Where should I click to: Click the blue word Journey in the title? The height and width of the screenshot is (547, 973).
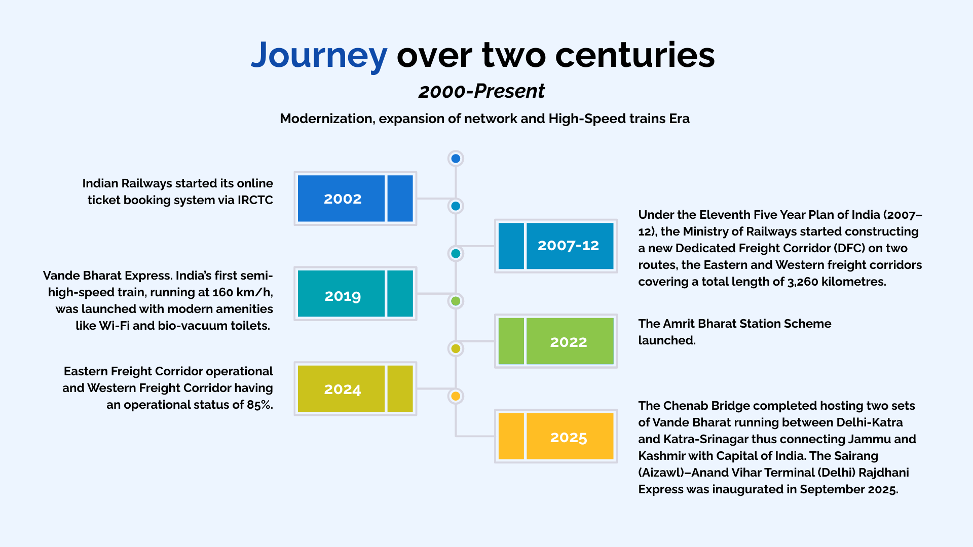point(319,56)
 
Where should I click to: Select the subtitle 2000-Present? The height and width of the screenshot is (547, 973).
point(481,92)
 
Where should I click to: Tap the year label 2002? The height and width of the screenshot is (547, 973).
point(343,199)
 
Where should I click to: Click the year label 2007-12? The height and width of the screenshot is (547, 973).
point(568,246)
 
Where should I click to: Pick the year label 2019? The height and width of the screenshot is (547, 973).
point(343,296)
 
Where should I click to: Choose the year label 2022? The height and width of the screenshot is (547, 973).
point(568,342)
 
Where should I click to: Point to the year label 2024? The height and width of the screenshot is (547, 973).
point(343,389)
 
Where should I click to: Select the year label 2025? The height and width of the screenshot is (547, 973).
point(568,437)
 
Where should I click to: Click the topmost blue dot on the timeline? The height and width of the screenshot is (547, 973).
point(456,159)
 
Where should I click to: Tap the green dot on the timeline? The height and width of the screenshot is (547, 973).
point(456,301)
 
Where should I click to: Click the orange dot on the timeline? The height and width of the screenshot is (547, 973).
point(456,396)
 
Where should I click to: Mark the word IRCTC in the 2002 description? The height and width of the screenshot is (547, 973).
point(255,200)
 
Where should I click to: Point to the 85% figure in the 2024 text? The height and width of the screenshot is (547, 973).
point(259,405)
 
